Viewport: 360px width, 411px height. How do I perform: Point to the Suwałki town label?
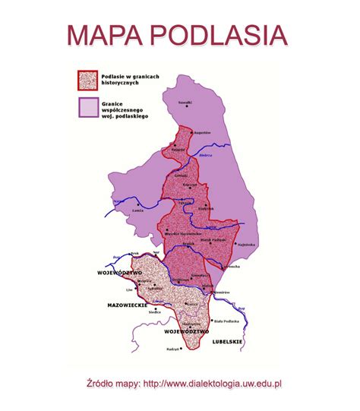(185, 101)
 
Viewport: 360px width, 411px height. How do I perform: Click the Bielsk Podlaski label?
(214, 240)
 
